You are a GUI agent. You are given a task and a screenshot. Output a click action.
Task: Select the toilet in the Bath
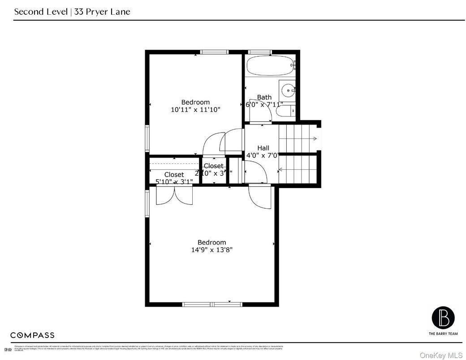coord(285,111)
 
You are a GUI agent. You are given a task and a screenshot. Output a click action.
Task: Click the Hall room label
coord(263,148)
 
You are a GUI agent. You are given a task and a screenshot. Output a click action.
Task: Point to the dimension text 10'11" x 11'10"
coord(195,109)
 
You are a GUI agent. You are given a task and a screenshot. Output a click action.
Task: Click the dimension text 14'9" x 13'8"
coord(212,250)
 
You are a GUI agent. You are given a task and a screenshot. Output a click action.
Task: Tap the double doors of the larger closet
coord(174,195)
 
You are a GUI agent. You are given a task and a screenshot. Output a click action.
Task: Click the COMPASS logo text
coord(32,335)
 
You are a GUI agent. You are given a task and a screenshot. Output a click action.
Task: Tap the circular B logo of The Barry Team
coord(443,317)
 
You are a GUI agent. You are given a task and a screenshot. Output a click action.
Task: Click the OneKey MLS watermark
coord(441,355)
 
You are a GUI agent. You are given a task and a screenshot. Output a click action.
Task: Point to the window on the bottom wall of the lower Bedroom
coord(212,304)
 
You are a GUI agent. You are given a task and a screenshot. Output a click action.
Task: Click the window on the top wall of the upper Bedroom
coord(214,52)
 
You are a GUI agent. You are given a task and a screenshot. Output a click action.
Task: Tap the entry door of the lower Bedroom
coord(260,197)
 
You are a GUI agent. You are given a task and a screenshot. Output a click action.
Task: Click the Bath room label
coord(264,97)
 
